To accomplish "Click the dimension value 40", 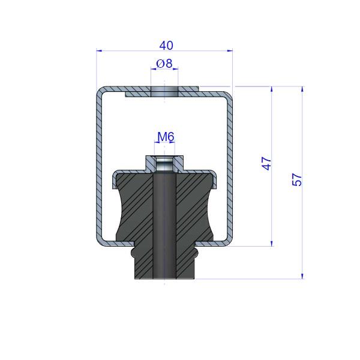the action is click(166, 45).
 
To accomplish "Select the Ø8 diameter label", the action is click(164, 64).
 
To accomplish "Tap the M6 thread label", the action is click(166, 137).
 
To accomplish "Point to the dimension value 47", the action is click(266, 163).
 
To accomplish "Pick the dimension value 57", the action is click(297, 179).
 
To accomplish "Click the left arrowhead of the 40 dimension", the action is click(99, 50).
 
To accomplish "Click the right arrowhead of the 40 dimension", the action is click(230, 50).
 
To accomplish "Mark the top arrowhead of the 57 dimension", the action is click(302, 89).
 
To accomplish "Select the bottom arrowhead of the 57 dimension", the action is click(302, 276).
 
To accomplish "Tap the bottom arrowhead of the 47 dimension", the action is click(272, 244).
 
